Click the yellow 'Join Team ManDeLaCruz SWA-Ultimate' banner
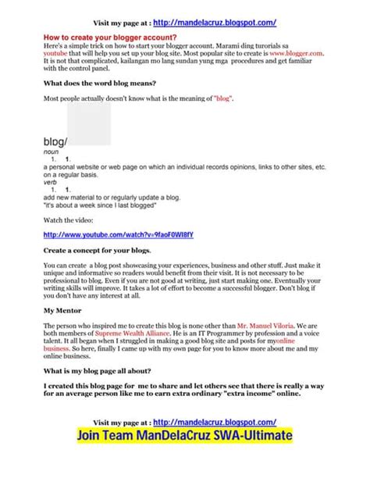pyautogui.click(x=184, y=455)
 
